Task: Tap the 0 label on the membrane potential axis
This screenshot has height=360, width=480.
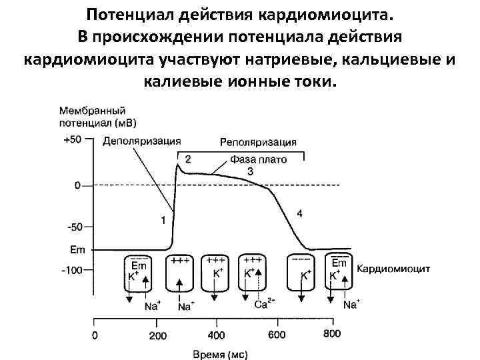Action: (77, 185)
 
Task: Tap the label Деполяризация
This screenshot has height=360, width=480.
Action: (141, 141)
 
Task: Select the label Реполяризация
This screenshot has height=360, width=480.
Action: (259, 142)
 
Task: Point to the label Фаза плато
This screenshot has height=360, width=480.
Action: (259, 160)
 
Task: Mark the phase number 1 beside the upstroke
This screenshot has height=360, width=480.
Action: (164, 219)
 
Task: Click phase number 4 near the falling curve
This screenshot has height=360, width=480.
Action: (299, 213)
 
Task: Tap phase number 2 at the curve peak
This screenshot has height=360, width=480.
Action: (187, 159)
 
